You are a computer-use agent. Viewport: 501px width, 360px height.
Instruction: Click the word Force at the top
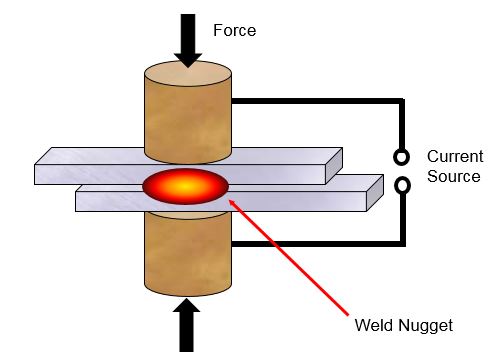[x=235, y=30]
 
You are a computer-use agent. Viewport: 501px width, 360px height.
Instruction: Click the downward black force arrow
[x=187, y=38]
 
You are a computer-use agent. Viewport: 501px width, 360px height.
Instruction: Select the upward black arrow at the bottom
[x=187, y=325]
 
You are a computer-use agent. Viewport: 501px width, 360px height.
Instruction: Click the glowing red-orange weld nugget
[x=186, y=187]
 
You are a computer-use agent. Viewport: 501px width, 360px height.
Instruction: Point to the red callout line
[x=290, y=256]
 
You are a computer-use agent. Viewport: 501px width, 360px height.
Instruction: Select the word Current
[x=454, y=157]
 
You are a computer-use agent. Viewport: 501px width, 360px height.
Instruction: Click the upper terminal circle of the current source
[x=401, y=157]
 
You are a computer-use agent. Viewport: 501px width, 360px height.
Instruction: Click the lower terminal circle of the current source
[x=401, y=185]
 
